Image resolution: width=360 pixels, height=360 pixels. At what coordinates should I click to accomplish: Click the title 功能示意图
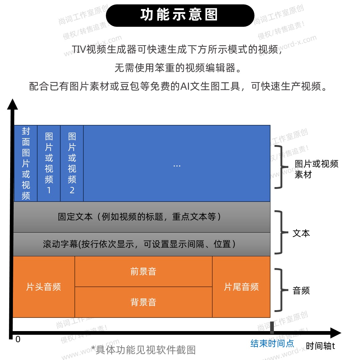(180, 15)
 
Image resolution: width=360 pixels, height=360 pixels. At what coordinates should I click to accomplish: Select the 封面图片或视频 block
(26, 163)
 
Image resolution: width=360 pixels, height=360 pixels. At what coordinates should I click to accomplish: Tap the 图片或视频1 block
(49, 163)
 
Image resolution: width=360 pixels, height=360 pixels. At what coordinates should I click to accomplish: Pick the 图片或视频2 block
(72, 163)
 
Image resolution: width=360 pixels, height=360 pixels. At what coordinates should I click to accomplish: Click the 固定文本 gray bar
(142, 217)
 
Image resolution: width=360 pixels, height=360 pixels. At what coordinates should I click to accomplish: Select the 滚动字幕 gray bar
(142, 244)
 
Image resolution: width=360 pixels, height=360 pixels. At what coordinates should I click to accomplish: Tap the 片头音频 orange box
(44, 287)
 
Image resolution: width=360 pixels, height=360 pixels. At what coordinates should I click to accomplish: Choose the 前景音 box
(143, 271)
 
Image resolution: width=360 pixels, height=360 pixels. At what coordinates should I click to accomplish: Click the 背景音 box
(143, 302)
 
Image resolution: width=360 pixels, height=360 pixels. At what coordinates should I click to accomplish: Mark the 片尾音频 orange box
(241, 287)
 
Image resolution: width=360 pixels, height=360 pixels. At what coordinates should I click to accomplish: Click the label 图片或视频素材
(316, 169)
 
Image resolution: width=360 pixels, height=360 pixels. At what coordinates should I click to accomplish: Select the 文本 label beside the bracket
(301, 233)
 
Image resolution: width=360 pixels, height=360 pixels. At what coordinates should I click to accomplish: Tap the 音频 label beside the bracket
(301, 290)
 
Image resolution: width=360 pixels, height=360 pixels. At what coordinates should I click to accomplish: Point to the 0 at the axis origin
(18, 339)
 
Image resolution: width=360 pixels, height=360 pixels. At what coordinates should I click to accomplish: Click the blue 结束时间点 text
(272, 343)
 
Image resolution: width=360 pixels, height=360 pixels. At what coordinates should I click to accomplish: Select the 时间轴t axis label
(320, 346)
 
